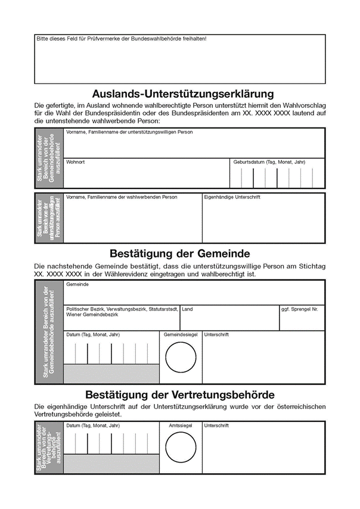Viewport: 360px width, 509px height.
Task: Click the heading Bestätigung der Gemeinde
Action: point(179,253)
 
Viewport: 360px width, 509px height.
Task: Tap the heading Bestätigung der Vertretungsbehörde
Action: point(179,395)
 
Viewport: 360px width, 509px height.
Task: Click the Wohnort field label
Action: point(75,162)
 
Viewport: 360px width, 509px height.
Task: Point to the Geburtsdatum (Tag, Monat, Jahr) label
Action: point(269,162)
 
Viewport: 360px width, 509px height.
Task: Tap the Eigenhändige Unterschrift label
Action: point(232,197)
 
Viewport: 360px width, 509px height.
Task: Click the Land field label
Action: point(187,309)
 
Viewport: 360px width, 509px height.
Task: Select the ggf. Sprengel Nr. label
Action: point(299,309)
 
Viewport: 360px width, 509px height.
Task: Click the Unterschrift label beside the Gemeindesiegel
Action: point(216,335)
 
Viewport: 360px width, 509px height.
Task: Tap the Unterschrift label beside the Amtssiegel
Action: point(216,426)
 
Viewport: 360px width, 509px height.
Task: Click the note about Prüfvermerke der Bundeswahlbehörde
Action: point(122,39)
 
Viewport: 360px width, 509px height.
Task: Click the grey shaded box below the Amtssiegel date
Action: point(111,464)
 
